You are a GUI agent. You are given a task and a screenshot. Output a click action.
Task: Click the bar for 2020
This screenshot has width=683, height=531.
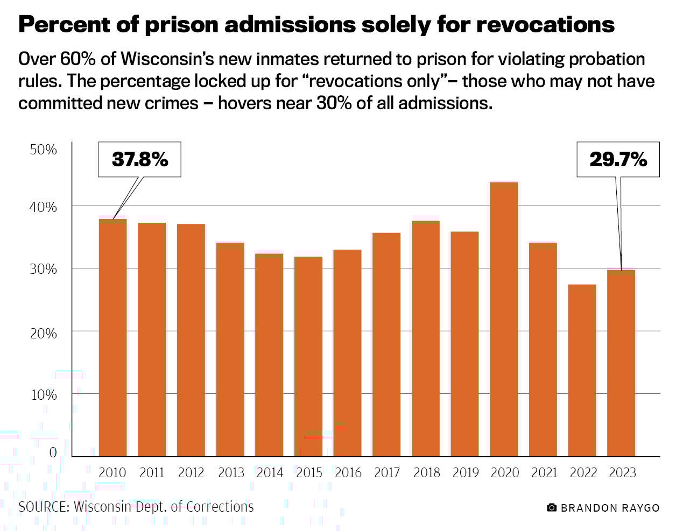pyautogui.click(x=504, y=320)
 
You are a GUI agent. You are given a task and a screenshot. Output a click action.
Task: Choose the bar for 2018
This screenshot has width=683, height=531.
pyautogui.click(x=426, y=338)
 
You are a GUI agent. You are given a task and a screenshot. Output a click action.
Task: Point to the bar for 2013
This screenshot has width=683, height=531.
pyautogui.click(x=230, y=349)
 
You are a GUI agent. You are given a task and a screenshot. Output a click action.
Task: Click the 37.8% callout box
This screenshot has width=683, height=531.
pyautogui.click(x=139, y=159)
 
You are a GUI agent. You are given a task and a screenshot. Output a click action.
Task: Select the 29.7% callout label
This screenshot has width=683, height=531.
pyautogui.click(x=618, y=159)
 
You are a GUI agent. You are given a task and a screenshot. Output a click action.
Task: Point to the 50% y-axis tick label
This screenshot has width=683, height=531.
pyautogui.click(x=43, y=150)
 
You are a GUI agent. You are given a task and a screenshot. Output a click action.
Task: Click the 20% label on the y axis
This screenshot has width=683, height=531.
pyautogui.click(x=43, y=334)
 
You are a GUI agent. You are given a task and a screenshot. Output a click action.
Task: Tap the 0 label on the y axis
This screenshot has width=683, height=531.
pyautogui.click(x=53, y=452)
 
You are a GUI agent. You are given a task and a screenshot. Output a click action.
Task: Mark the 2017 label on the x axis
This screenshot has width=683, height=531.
pyautogui.click(x=387, y=473)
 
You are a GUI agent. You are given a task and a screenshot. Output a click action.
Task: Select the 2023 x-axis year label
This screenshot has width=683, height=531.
pyautogui.click(x=622, y=473)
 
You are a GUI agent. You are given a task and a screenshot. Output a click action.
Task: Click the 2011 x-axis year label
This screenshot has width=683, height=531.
pyautogui.click(x=152, y=473)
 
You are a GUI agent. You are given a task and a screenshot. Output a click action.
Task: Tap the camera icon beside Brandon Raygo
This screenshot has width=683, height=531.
pyautogui.click(x=551, y=508)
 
